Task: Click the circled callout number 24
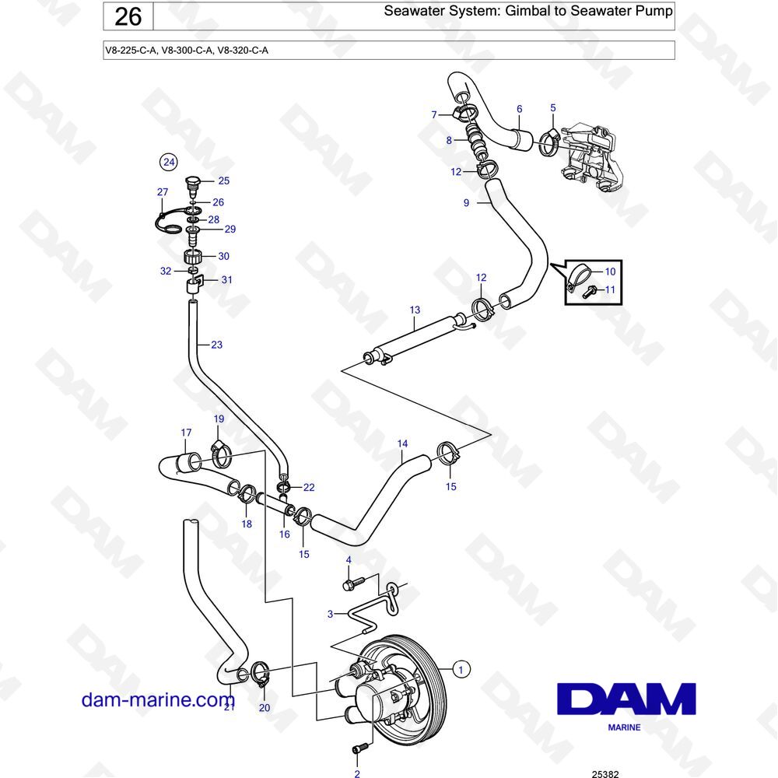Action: tap(169, 162)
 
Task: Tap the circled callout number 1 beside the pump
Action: tap(461, 669)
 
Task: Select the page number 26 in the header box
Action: tap(128, 16)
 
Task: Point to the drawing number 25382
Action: tap(605, 773)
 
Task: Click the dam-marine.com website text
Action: tap(158, 699)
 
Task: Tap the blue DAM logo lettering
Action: tap(626, 699)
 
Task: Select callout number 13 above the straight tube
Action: tap(415, 310)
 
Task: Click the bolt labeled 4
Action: tap(353, 583)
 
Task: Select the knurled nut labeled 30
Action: tap(194, 257)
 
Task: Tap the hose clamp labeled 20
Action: tap(261, 674)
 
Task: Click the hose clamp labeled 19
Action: tap(221, 454)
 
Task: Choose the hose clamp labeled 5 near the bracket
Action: tap(551, 141)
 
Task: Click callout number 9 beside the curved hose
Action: tap(466, 202)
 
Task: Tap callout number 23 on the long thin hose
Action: tap(217, 345)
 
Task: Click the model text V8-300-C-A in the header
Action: tap(187, 50)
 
